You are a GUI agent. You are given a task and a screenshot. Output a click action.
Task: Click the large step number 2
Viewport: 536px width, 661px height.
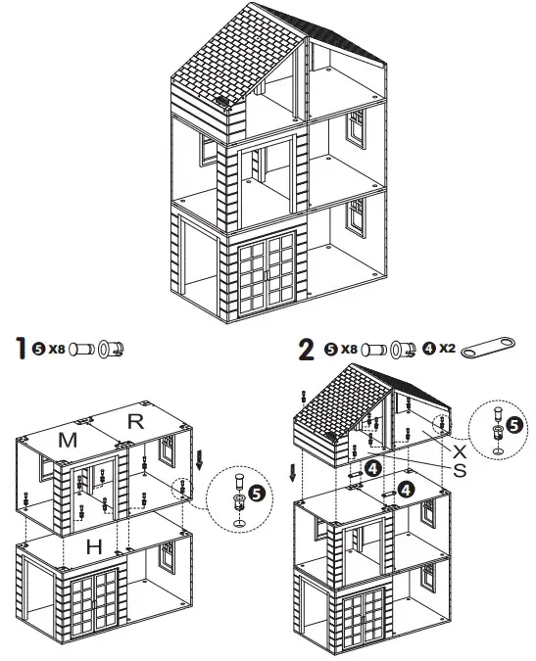pyautogui.click(x=306, y=348)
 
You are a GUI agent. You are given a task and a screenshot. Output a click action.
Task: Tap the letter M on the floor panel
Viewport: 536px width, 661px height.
pyautogui.click(x=68, y=441)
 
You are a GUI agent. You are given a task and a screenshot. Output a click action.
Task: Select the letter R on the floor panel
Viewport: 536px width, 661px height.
pyautogui.click(x=137, y=422)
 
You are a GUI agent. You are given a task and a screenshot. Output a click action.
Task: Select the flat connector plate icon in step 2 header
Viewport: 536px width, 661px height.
pyautogui.click(x=487, y=349)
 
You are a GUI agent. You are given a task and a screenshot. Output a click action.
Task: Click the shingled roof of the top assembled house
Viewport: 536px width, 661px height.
pyautogui.click(x=235, y=59)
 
